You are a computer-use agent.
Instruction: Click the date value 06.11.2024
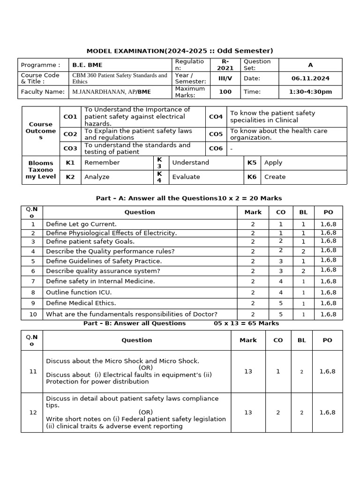point(310,79)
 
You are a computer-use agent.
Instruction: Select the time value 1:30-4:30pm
point(310,92)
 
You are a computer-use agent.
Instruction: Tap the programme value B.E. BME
point(88,65)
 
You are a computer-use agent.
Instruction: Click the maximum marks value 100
point(225,92)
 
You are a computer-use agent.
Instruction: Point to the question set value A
point(310,65)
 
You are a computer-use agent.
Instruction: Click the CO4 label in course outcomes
point(216,117)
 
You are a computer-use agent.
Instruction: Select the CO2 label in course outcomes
point(70,134)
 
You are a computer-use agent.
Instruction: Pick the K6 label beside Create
point(252,177)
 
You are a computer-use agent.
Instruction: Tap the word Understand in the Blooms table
point(190,163)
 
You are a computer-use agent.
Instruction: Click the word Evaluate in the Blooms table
point(186,177)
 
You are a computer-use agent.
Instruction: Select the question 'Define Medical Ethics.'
point(81,303)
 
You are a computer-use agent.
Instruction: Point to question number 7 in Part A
point(33,281)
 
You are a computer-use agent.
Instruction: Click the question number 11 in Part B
point(33,371)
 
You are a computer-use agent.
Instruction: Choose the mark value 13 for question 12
point(248,412)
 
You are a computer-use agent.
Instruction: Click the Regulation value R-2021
point(225,65)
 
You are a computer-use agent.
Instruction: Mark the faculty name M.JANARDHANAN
point(97,92)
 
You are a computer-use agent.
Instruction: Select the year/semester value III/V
point(225,79)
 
